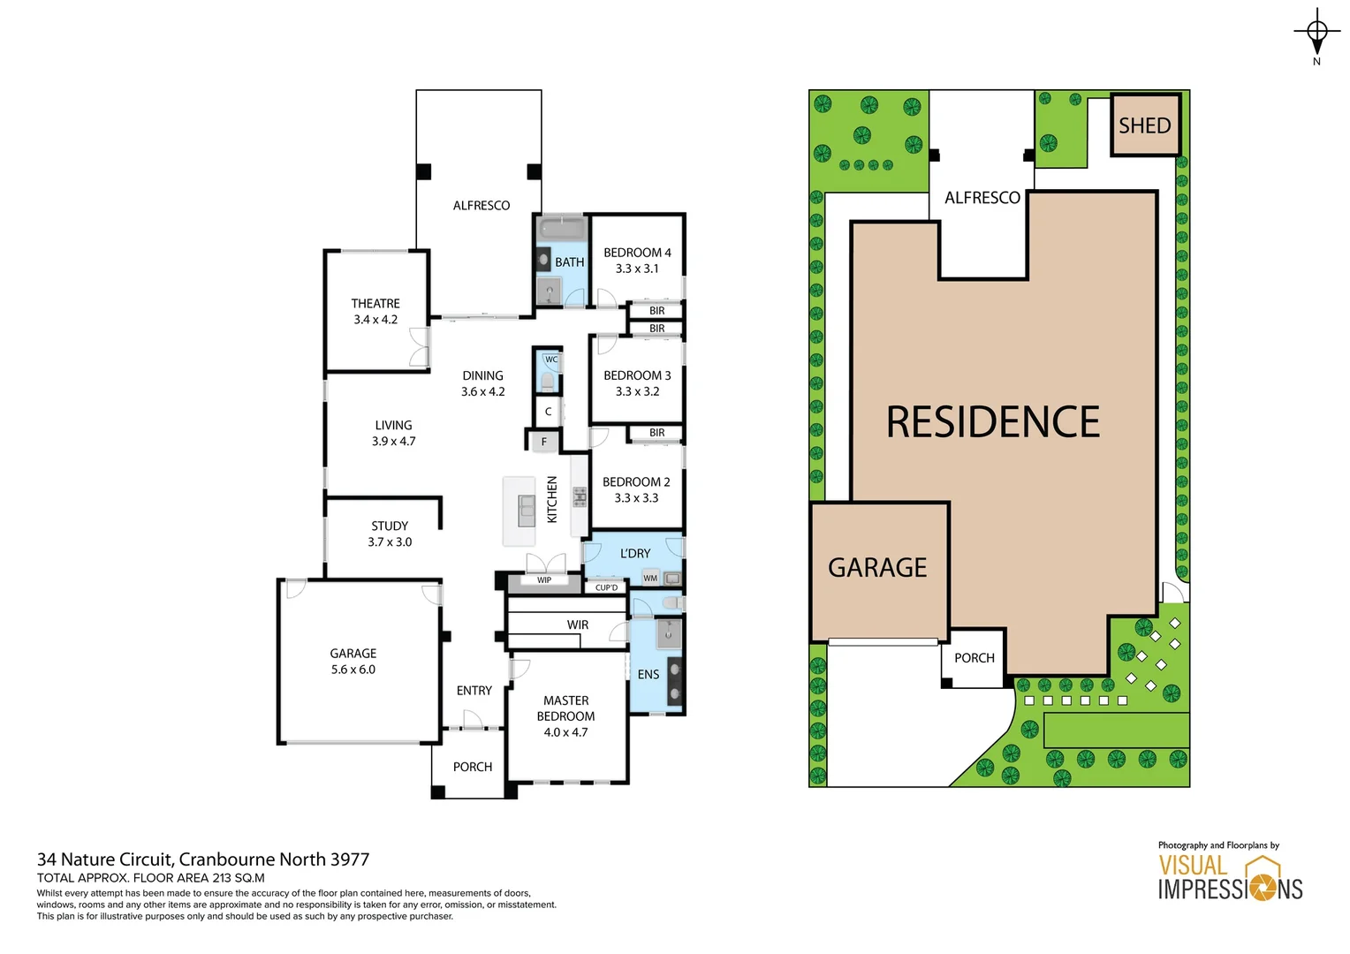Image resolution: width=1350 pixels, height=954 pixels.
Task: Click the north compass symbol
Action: (x=1316, y=33)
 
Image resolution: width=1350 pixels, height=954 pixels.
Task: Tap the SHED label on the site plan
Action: (x=1144, y=125)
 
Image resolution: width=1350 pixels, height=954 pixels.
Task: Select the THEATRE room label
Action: (x=375, y=303)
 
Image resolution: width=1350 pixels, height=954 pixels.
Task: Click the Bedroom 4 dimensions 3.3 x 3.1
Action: (x=636, y=269)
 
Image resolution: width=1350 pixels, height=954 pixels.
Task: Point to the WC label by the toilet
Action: (x=551, y=360)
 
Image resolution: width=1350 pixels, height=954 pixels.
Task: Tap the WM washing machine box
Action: (x=650, y=579)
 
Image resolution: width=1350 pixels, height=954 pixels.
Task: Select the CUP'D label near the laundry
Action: (x=606, y=587)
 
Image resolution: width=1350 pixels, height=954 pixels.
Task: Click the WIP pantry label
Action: (x=544, y=580)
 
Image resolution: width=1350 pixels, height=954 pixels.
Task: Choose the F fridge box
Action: (x=544, y=442)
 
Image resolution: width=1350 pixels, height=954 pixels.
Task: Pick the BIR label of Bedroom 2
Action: (x=656, y=433)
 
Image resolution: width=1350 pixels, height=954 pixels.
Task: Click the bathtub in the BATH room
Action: (x=562, y=230)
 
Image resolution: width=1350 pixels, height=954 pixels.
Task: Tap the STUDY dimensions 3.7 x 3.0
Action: (x=390, y=541)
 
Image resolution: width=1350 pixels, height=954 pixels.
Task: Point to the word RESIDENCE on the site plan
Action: (x=993, y=422)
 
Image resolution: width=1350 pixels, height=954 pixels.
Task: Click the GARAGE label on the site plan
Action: (x=877, y=567)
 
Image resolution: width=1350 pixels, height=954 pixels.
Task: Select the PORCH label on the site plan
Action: (x=974, y=658)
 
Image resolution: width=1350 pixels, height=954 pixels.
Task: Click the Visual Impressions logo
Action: (x=1230, y=877)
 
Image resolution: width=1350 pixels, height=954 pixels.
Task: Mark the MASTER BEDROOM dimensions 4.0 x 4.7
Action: (x=565, y=732)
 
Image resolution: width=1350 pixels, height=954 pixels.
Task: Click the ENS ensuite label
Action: (x=648, y=674)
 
